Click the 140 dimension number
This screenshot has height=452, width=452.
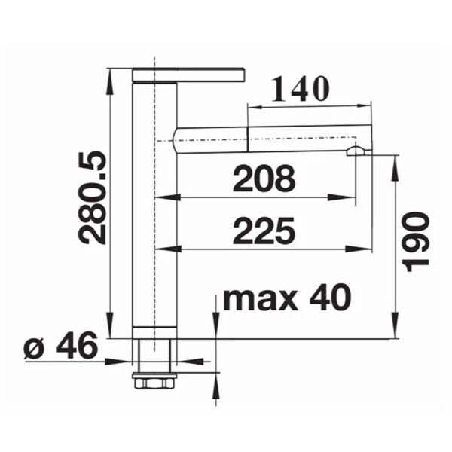coord(300,89)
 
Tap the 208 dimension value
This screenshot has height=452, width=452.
coord(264,179)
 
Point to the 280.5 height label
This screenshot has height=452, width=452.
coord(92,197)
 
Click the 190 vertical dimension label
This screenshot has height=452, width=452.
coord(417,242)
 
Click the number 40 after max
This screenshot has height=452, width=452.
coord(330,297)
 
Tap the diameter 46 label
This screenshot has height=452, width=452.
coord(60,345)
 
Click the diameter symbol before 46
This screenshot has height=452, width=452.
coord(34,348)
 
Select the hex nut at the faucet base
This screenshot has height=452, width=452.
coord(154,383)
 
